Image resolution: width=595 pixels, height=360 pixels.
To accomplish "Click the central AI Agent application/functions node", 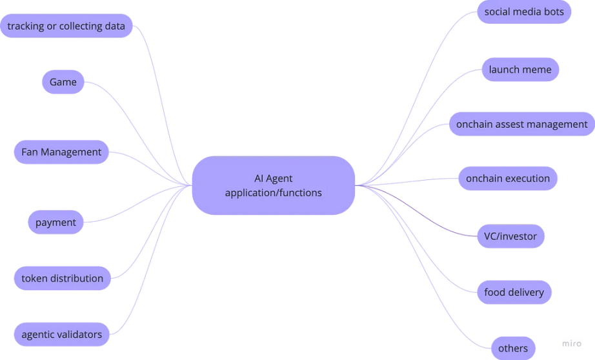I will [x=273, y=185].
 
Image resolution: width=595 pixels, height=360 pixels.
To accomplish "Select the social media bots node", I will [x=524, y=12].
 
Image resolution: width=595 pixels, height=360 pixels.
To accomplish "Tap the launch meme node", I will [x=520, y=70].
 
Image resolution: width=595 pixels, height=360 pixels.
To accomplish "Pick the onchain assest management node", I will [x=521, y=124].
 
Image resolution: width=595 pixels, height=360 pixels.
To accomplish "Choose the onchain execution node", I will [x=508, y=179].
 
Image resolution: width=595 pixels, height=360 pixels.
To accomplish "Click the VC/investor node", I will [x=510, y=236].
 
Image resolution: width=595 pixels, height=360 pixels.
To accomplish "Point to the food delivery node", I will [x=514, y=292].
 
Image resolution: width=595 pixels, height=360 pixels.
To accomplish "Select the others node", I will [x=513, y=348].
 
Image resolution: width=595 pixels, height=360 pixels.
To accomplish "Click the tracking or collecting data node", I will [x=66, y=26].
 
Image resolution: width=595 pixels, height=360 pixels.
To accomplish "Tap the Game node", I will [x=63, y=82].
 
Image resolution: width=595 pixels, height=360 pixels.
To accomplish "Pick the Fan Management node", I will [x=61, y=152].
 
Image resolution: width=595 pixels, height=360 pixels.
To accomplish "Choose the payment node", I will [x=55, y=223].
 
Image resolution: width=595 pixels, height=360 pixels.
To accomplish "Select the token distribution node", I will [x=62, y=279].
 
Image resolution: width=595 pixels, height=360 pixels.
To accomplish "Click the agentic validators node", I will [x=61, y=334].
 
